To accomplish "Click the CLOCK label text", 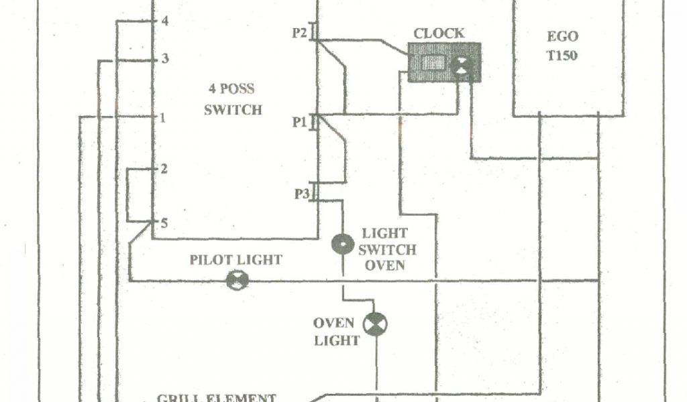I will [x=438, y=33].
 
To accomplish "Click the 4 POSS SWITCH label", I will [x=232, y=99].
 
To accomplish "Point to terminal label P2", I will [x=299, y=32].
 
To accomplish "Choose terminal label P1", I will [x=299, y=122].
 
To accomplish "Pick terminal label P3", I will [x=301, y=194].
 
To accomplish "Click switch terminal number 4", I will [x=165, y=21].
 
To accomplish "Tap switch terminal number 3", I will [x=165, y=60].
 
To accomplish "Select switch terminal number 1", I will [x=163, y=118].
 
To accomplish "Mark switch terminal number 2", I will [x=163, y=169].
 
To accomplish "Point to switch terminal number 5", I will [x=163, y=222].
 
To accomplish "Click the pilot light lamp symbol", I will [x=237, y=281].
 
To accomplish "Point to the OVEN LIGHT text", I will [x=337, y=332].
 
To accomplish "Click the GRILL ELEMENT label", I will [x=216, y=397].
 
